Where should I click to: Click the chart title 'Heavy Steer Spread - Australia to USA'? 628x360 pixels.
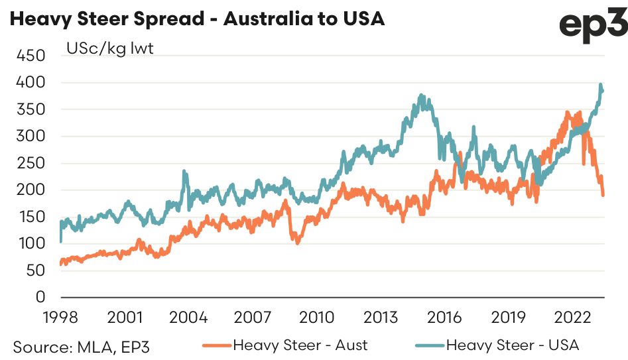tap(197, 19)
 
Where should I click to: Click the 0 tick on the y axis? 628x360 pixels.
tap(39, 297)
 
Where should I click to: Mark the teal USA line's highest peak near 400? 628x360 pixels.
tap(600, 86)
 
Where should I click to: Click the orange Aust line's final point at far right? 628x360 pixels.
tap(603, 195)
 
